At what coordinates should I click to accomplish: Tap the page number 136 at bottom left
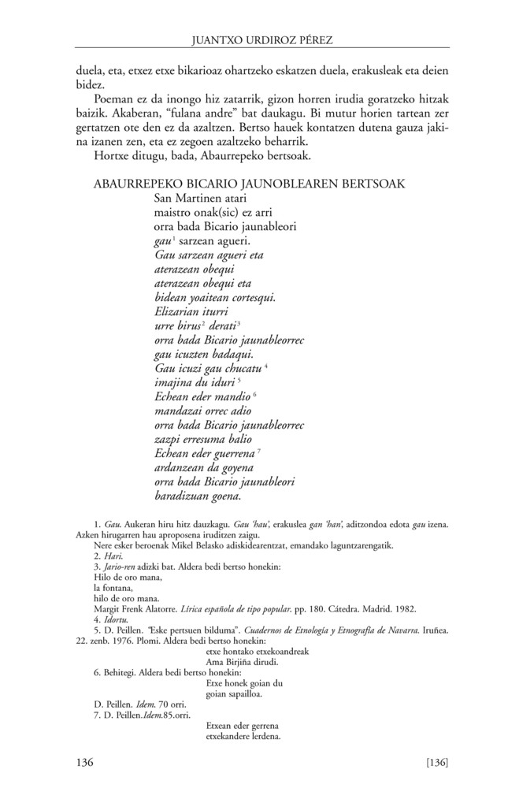tap(85, 762)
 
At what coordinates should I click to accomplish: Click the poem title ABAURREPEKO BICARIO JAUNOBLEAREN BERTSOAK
tap(249, 184)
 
